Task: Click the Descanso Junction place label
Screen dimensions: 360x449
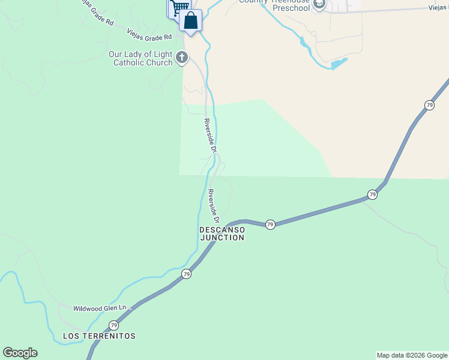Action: pos(221,233)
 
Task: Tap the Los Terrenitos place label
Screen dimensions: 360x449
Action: pos(99,335)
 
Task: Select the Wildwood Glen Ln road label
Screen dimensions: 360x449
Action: pos(100,308)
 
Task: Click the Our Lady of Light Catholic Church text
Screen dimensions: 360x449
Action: pos(140,58)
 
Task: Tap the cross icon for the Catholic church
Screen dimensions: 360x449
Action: pos(181,58)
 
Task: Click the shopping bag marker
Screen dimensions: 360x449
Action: pos(190,21)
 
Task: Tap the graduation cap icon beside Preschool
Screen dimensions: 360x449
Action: pos(319,5)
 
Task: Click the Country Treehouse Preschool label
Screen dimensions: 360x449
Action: pos(276,4)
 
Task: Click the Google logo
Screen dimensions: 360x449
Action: pos(20,353)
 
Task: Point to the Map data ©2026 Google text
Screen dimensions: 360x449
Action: pos(412,355)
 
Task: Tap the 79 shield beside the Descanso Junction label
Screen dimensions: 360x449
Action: pos(270,224)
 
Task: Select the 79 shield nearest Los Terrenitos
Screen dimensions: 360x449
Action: pos(113,325)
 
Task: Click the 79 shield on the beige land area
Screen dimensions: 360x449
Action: pos(429,105)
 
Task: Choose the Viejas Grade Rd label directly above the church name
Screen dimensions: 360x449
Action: pos(150,37)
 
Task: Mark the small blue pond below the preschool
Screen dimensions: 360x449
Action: pos(339,62)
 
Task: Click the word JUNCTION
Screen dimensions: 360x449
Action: pos(221,238)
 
